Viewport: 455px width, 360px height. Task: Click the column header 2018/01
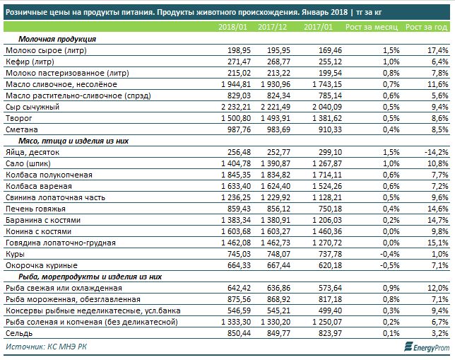click(x=232, y=27)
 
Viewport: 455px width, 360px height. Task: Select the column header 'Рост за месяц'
click(x=372, y=27)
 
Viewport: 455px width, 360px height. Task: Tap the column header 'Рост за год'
click(x=426, y=27)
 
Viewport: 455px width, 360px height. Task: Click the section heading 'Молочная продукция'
click(x=57, y=39)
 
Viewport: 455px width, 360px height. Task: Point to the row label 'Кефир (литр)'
click(x=30, y=62)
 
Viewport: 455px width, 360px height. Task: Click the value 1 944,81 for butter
click(x=236, y=84)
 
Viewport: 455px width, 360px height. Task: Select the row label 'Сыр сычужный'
click(x=32, y=107)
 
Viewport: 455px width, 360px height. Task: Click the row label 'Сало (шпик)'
click(x=28, y=163)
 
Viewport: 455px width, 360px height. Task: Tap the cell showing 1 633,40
click(x=236, y=186)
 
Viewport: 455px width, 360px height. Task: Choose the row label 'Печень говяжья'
click(x=36, y=209)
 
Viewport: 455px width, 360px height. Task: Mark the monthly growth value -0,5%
click(x=390, y=265)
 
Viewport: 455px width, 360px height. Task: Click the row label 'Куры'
click(x=15, y=254)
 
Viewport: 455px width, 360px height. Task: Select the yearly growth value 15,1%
click(x=438, y=243)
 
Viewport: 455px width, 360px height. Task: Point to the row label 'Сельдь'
click(x=19, y=333)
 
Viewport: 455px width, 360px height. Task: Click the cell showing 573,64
click(x=330, y=289)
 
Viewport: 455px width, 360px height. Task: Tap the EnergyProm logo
click(x=427, y=347)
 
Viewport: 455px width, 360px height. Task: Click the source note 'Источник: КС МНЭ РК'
click(x=46, y=347)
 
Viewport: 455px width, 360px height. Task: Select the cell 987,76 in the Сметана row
click(x=239, y=129)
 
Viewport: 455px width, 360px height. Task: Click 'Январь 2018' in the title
click(x=324, y=12)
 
